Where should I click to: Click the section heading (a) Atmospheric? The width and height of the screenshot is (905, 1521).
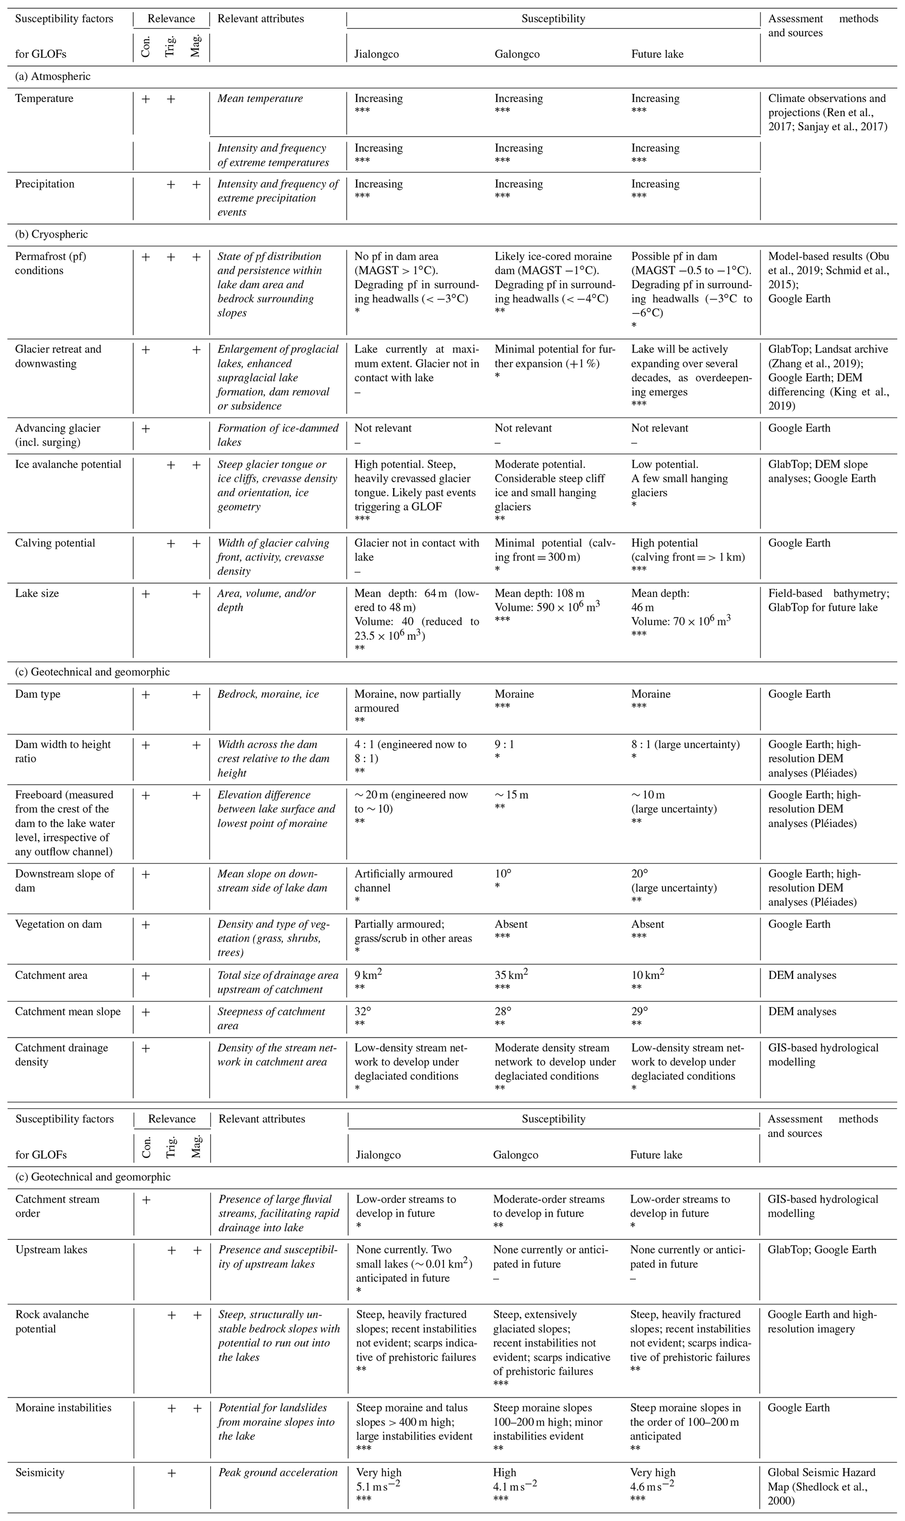coord(53,76)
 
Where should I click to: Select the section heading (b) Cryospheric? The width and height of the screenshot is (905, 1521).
coord(52,234)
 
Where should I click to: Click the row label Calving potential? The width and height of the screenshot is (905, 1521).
coord(55,543)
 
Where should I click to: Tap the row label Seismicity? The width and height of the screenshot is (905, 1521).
coord(40,1472)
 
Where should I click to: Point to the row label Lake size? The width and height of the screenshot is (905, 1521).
coord(37,593)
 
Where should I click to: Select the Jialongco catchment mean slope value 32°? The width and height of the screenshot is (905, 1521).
coord(363,1011)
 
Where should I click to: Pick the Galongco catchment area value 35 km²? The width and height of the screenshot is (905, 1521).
coord(511,975)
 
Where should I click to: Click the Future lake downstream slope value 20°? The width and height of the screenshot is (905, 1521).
coord(640,873)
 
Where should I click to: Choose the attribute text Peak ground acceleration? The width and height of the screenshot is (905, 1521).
coord(278,1472)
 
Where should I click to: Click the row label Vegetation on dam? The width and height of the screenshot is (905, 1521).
coord(59,924)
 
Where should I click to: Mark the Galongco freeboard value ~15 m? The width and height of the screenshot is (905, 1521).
coord(511,795)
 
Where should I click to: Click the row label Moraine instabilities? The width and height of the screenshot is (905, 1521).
coord(63,1408)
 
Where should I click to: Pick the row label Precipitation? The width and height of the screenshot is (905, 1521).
coord(45,183)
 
